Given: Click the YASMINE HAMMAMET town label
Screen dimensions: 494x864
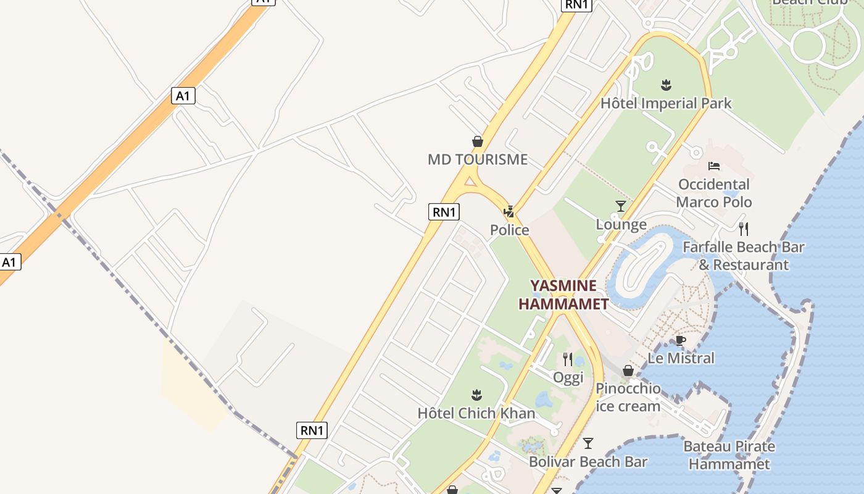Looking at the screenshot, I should pos(563,295).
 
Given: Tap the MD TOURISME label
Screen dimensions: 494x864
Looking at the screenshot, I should pos(478,159).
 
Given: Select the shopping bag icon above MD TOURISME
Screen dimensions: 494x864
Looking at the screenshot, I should pos(477,141).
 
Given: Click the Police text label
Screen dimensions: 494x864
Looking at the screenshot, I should pos(509,230).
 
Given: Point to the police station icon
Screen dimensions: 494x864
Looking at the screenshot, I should pos(509,212).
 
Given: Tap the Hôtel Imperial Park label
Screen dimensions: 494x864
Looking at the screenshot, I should pos(666,103).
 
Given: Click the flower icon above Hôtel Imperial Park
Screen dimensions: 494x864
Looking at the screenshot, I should pos(666,85).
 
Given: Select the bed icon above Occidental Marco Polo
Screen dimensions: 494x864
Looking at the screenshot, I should pos(714,166).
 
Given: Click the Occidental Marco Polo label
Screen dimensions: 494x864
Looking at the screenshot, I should pos(714,193).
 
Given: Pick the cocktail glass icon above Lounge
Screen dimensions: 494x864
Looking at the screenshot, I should pos(621,206).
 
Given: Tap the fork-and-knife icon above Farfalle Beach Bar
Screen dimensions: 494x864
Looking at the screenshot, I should pos(744,229).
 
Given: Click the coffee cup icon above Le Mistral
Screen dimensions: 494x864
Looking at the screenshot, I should pos(681,340).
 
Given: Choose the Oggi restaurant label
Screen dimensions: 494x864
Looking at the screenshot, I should pos(568,377).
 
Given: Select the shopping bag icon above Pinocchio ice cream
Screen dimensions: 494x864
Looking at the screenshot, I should pos(628,371).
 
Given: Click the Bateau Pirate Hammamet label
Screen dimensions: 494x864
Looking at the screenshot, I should pos(729,454).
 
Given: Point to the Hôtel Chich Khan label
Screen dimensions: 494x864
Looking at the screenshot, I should pos(476,413).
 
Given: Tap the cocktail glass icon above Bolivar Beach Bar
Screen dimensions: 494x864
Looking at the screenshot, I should pos(588,443).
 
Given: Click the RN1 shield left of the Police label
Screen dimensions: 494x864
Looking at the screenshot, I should pos(444,212).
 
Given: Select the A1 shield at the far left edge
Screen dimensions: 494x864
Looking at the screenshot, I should pos(9,262).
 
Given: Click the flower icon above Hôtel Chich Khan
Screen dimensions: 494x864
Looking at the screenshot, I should pos(476,394).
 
